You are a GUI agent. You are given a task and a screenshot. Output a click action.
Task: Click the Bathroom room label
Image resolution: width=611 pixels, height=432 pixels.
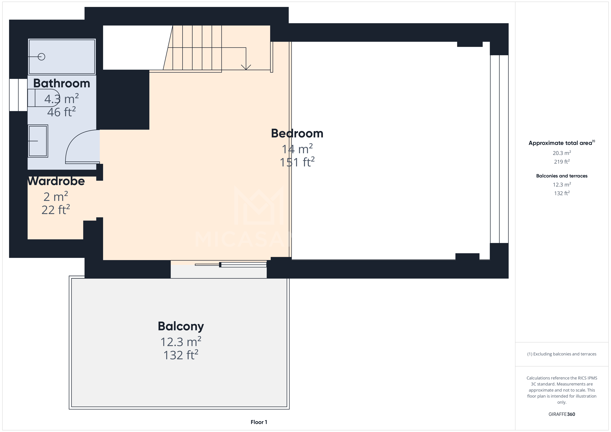pyautogui.click(x=61, y=83)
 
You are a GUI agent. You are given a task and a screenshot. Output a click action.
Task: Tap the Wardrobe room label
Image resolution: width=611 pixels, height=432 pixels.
pyautogui.click(x=56, y=181)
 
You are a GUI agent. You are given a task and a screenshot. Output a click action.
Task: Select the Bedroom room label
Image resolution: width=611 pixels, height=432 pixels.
pyautogui.click(x=297, y=133)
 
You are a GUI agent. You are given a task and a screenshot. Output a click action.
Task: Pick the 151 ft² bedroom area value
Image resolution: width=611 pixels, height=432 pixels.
pyautogui.click(x=297, y=162)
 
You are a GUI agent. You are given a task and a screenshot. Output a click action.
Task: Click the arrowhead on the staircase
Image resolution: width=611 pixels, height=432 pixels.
pyautogui.click(x=246, y=67)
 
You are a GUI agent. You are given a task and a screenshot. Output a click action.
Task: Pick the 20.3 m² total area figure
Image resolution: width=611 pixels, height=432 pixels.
pyautogui.click(x=562, y=153)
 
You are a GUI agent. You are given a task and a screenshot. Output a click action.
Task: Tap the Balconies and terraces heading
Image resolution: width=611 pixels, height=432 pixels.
pyautogui.click(x=562, y=176)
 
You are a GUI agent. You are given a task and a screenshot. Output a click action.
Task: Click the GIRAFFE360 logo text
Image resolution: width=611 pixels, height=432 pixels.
pyautogui.click(x=562, y=414)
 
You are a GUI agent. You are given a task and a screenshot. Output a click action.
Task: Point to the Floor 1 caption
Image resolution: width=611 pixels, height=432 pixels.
pyautogui.click(x=259, y=422)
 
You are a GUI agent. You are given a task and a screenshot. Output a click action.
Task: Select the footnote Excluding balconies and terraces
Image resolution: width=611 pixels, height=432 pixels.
pyautogui.click(x=562, y=354)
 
